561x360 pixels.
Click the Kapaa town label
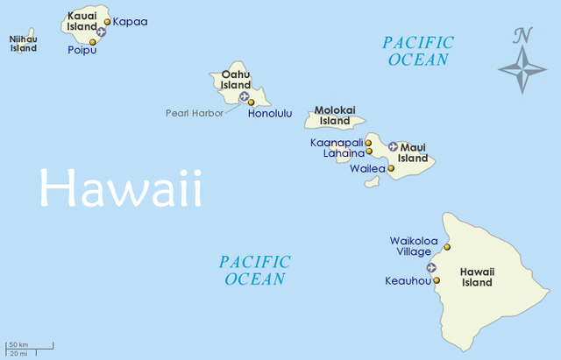point(131,21)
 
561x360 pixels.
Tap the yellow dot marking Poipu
point(93,41)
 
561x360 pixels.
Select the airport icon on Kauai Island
point(101,32)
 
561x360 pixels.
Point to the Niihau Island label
point(24,44)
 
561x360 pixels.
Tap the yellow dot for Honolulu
point(252,102)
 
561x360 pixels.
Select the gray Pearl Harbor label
point(194,113)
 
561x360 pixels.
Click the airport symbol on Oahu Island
point(244,95)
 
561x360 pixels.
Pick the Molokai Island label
point(335,116)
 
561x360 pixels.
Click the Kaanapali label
point(336,142)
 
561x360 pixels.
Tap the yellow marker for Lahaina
point(369,151)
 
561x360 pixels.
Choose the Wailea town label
point(366,168)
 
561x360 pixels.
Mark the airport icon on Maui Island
point(393,146)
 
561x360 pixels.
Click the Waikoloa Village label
point(412,245)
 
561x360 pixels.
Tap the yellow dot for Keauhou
point(437,280)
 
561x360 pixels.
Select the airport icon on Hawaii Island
point(430,267)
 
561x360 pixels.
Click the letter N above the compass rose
point(523,35)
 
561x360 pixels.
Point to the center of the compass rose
point(522,69)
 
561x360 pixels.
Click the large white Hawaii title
point(120,189)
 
